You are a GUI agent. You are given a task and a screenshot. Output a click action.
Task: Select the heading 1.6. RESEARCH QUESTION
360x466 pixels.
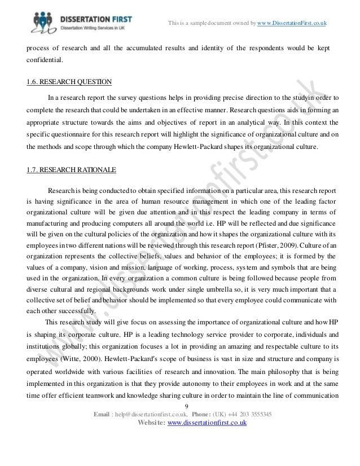[69, 82]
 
